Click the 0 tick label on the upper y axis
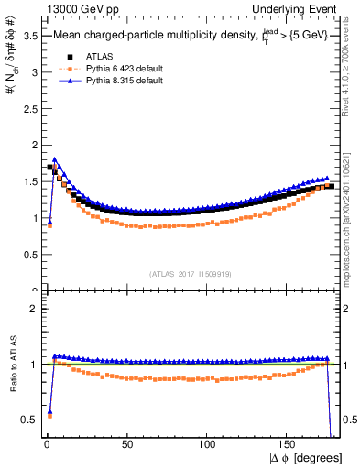33,291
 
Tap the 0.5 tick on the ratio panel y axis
27,420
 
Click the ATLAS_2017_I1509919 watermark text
190,273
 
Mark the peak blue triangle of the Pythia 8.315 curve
55,159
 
